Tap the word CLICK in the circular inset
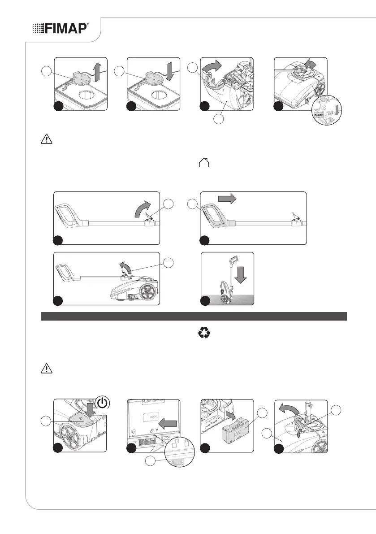[319, 115]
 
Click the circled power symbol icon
[103, 403]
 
